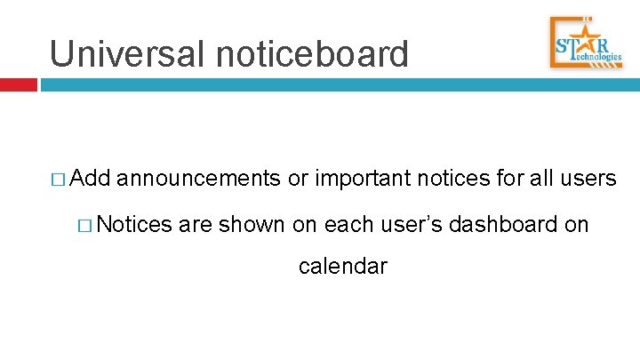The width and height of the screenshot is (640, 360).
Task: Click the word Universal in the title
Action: point(130,53)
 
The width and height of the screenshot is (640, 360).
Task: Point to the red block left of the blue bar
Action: point(19,85)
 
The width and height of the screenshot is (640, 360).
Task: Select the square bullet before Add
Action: point(59,180)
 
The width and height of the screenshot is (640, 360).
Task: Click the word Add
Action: point(89,180)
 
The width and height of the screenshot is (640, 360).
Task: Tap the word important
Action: point(360,180)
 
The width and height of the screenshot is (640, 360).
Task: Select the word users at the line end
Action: point(587,180)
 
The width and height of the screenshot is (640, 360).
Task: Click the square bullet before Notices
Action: point(86,225)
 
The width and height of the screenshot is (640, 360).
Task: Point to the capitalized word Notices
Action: point(134,224)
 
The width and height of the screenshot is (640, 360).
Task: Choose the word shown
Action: point(252,224)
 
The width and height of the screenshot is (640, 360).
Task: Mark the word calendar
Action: point(343,266)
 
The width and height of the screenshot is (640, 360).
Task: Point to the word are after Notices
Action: point(195,225)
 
